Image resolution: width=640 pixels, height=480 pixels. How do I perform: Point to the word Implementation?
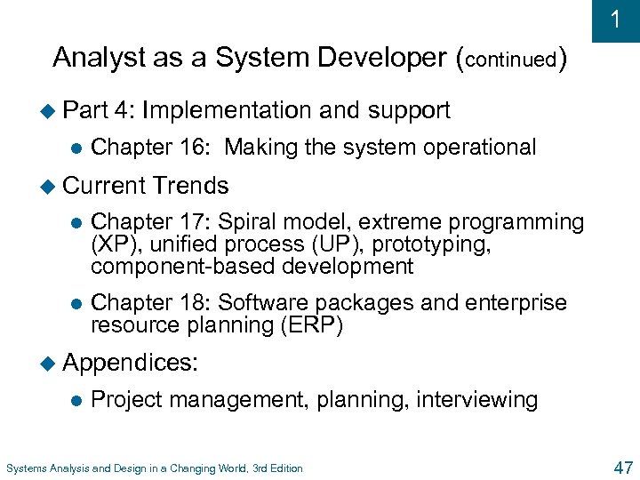(x=226, y=110)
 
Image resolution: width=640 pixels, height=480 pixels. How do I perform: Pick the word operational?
(x=479, y=148)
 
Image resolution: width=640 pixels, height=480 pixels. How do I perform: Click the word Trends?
(x=190, y=186)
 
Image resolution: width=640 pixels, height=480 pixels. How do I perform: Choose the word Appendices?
(x=132, y=363)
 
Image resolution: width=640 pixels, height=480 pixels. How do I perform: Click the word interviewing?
(x=476, y=400)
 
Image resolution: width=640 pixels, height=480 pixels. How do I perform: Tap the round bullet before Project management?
(x=75, y=400)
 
